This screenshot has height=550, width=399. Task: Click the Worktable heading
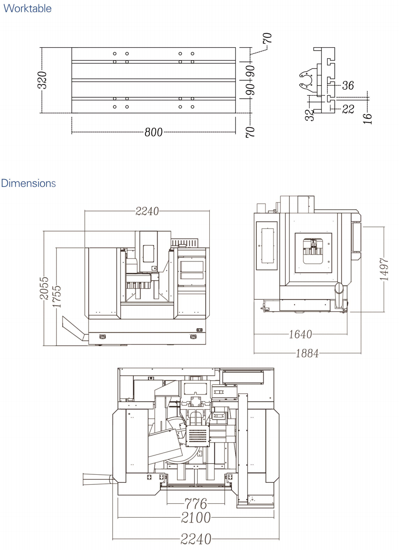pyautogui.click(x=27, y=8)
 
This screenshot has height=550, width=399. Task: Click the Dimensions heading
pyautogui.click(x=28, y=183)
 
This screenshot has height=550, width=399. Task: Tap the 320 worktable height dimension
pyautogui.click(x=42, y=80)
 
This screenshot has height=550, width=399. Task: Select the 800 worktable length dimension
pyautogui.click(x=153, y=132)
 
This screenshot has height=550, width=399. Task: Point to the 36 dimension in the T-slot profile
pyautogui.click(x=348, y=85)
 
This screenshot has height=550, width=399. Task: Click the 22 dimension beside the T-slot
pyautogui.click(x=348, y=109)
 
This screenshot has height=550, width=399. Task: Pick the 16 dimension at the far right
pyautogui.click(x=367, y=118)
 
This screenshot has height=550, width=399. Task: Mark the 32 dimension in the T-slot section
pyautogui.click(x=309, y=115)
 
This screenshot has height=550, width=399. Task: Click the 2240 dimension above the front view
pyautogui.click(x=147, y=211)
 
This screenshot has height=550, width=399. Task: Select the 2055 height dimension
pyautogui.click(x=44, y=289)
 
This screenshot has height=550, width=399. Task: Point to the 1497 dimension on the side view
pyautogui.click(x=384, y=269)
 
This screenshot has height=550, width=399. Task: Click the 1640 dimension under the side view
pyautogui.click(x=300, y=334)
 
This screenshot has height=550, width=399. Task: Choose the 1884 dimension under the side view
pyautogui.click(x=307, y=353)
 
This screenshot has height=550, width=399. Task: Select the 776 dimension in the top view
pyautogui.click(x=196, y=503)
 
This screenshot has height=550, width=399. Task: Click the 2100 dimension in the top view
pyautogui.click(x=196, y=517)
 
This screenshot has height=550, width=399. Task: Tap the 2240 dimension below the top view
pyautogui.click(x=196, y=539)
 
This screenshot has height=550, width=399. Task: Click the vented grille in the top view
pyautogui.click(x=198, y=436)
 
